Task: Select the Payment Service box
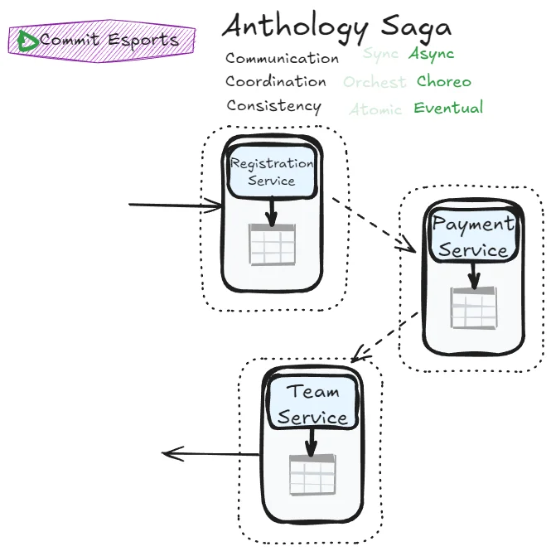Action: [x=473, y=236]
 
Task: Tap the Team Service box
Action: [x=312, y=404]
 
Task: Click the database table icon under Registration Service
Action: [x=272, y=244]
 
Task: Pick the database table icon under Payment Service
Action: [x=473, y=308]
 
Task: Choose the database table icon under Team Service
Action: [x=312, y=475]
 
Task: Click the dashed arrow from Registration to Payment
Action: [x=373, y=223]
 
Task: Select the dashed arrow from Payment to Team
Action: [x=384, y=336]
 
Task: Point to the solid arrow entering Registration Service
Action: [x=174, y=205]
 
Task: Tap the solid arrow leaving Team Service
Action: [x=211, y=453]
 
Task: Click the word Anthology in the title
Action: [x=294, y=27]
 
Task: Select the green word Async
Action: [x=431, y=55]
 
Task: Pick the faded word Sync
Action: [x=380, y=55]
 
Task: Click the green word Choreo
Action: [x=443, y=81]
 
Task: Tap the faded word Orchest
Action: [x=375, y=82]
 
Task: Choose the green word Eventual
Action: [x=448, y=108]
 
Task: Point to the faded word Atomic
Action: [x=375, y=109]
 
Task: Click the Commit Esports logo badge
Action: [x=101, y=40]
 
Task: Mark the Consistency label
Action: [x=273, y=106]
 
